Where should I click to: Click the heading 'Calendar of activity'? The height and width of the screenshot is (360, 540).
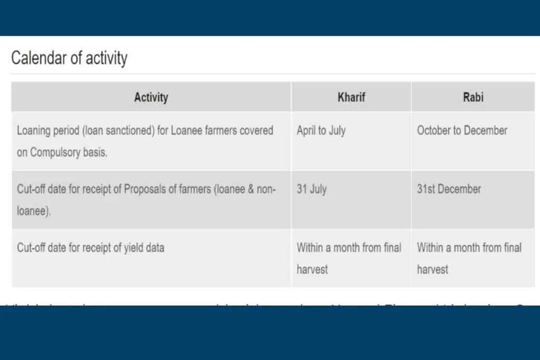click(69, 58)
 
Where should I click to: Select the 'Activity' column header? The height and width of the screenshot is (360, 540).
click(151, 97)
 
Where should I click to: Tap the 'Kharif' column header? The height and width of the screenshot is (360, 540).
click(351, 97)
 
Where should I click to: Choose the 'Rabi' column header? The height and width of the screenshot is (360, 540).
click(472, 97)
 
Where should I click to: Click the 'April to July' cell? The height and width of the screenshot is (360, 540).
click(321, 131)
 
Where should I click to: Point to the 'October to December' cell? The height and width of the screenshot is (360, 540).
click(462, 131)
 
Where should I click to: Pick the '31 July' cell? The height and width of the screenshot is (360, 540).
click(311, 189)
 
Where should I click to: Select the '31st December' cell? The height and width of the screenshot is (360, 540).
click(449, 189)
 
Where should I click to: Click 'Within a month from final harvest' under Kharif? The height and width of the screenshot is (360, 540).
click(349, 258)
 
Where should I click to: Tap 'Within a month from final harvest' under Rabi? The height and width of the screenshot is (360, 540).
click(469, 258)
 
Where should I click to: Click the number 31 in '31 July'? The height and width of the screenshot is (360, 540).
click(302, 189)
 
